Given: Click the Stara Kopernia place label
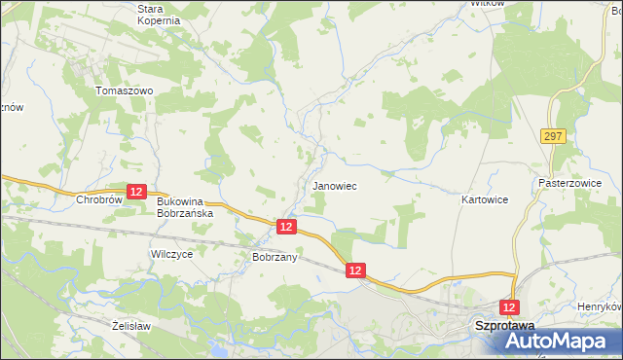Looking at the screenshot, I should click(159, 14).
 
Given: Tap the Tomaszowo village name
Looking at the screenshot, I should click(125, 90).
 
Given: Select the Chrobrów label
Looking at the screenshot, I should click(97, 199).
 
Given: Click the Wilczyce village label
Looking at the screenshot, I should click(171, 254).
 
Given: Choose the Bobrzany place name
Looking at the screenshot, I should click(274, 257).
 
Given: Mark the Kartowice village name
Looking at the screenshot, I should click(485, 199).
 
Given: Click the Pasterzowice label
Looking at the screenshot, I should click(569, 183).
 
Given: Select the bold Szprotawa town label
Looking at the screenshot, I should click(506, 327).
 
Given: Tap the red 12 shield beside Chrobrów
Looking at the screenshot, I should click(137, 193).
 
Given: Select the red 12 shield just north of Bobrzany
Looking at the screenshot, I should click(286, 226).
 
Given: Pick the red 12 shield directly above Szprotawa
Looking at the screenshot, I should click(508, 306).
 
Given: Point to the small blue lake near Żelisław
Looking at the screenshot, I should click(216, 346).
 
